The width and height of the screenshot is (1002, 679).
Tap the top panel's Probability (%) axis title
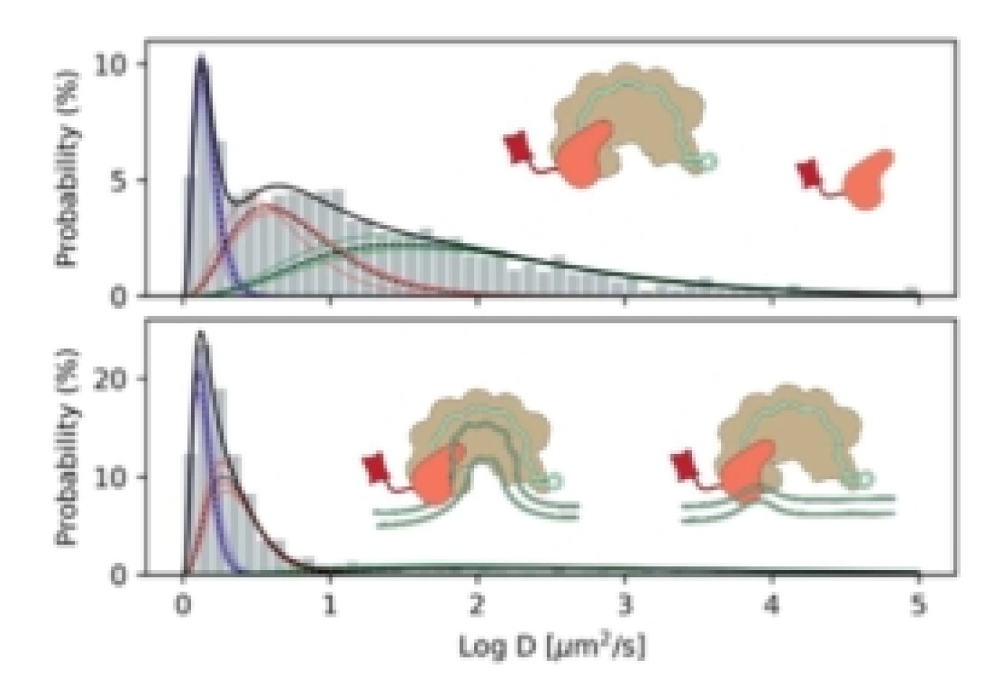point(69,167)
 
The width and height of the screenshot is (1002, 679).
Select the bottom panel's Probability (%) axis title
point(69,447)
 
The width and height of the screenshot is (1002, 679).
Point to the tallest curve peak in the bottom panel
point(200,335)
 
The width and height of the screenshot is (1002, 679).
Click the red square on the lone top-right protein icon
point(809,173)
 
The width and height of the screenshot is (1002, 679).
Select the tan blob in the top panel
point(631,118)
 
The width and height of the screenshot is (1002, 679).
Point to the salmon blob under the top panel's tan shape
point(588,154)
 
